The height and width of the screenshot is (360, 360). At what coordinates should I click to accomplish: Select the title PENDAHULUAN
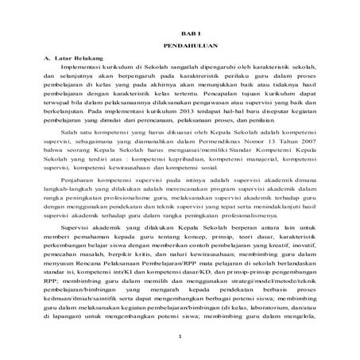[x=180, y=47]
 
